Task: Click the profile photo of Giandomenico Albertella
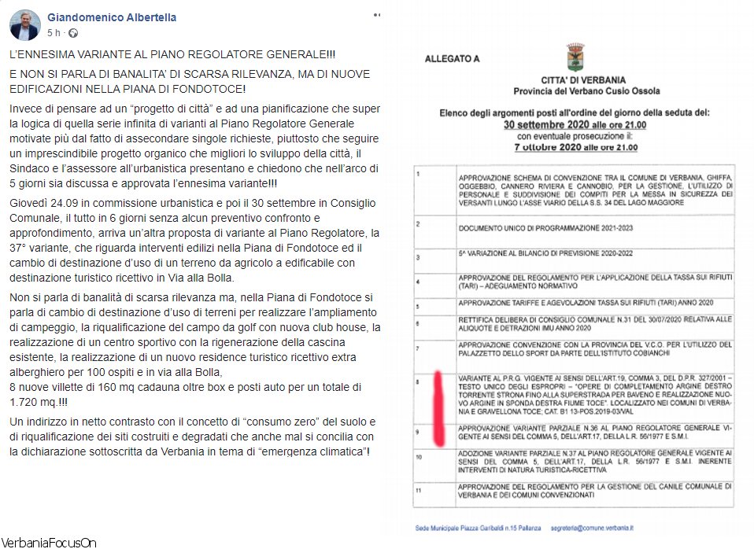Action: coord(25,24)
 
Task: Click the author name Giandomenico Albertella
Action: coord(112,17)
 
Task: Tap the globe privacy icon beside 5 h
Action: coord(74,33)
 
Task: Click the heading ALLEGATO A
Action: coord(452,58)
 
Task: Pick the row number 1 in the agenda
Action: coord(420,172)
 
